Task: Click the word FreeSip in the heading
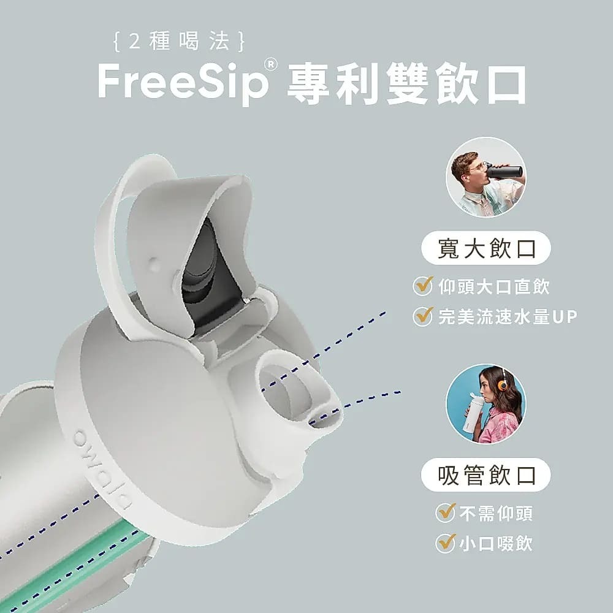tap(183, 82)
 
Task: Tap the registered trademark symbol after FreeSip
tap(270, 64)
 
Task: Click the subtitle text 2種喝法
tap(179, 41)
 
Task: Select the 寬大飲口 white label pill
tap(485, 248)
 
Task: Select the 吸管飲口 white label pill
tap(485, 475)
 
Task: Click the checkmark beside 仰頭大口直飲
tap(423, 286)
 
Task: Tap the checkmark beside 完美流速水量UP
tap(423, 316)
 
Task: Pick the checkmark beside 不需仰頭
tap(446, 512)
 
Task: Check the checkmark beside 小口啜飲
tap(446, 543)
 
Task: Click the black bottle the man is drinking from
tap(504, 172)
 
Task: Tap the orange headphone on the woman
tap(502, 384)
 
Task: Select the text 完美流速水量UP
tap(508, 317)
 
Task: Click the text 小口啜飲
tap(496, 543)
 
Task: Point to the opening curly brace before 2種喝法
tap(116, 42)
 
